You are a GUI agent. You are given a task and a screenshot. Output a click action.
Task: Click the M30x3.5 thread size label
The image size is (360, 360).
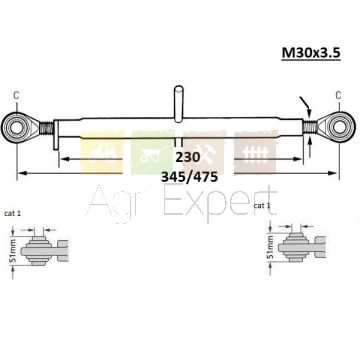311,53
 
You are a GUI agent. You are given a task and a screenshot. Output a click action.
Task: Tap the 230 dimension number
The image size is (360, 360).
188,157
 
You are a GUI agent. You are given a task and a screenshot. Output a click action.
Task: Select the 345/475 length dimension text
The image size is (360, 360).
189,177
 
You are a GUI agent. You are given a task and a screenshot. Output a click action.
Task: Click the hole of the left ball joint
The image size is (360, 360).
16,128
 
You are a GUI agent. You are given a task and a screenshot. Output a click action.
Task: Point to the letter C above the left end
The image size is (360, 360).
16,96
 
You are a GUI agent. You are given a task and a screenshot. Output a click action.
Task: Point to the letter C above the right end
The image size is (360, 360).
338,96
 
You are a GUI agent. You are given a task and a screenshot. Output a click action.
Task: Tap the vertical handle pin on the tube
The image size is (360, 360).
179,103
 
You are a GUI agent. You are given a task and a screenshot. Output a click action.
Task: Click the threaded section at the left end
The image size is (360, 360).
46,128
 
